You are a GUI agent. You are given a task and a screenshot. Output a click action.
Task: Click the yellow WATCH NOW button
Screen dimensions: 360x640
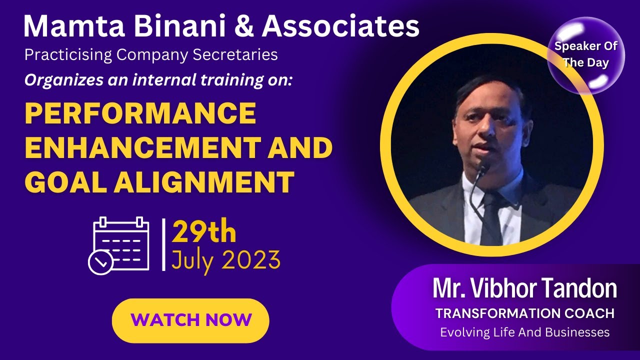pos(190,320)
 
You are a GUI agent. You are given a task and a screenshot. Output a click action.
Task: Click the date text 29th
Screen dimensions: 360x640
pos(204,233)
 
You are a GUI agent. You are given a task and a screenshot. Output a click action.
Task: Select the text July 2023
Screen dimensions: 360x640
pos(225,259)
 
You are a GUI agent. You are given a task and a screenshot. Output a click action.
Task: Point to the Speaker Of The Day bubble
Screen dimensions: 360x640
pos(585,55)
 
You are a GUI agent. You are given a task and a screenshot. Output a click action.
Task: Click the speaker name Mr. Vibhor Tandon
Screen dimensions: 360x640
pos(524,288)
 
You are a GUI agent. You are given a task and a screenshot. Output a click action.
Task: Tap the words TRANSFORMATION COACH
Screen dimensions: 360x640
pos(524,313)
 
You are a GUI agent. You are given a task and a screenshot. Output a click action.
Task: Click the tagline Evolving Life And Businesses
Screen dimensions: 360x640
pos(524,332)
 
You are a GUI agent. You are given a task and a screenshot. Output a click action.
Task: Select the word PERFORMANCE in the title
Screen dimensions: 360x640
pos(140,114)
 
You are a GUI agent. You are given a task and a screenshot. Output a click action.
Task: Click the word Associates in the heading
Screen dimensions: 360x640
pos(340,27)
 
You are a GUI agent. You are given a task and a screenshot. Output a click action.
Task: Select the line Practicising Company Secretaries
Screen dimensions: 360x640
pos(151,54)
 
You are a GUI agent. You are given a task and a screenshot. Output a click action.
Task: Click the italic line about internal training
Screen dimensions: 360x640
pos(158,80)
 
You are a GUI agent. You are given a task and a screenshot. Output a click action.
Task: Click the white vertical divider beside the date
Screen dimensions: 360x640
pos(163,245)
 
